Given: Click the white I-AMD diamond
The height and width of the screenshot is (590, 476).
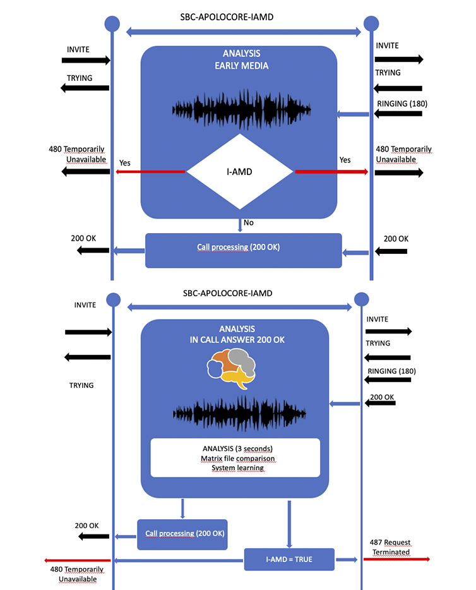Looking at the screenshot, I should pos(240,171).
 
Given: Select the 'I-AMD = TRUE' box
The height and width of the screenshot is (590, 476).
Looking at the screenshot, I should pos(289,559).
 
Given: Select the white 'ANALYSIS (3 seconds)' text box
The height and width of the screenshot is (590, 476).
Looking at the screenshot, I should pos(235,457).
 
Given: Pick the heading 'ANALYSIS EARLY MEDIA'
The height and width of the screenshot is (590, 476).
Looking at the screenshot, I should pos(241,59).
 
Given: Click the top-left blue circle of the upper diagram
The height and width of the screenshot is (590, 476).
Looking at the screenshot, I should pos(112,23).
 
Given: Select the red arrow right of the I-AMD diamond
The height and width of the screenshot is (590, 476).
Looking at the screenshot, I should pos(331,171).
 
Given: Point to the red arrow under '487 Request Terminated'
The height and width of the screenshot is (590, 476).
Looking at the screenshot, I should pos(396,559).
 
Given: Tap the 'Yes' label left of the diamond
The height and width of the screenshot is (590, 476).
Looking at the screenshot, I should pos(125,162).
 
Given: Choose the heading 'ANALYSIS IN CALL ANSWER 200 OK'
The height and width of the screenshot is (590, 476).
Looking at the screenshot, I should pos(236,334).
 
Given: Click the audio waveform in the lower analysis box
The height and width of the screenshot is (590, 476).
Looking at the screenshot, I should pos(241,414).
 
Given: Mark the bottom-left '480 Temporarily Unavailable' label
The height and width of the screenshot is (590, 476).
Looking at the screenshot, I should pos(77,574).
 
